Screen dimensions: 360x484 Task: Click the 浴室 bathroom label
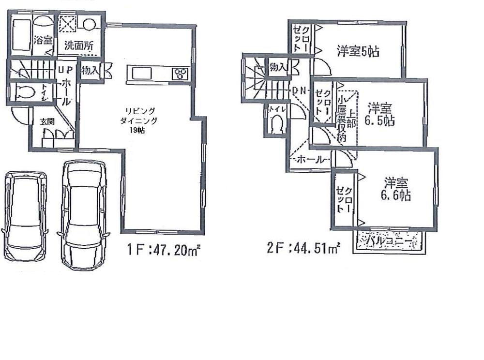click(43, 40)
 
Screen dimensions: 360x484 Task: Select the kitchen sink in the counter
click(140, 74)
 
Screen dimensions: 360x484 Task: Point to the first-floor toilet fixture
click(24, 91)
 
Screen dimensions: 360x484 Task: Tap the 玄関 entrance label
click(47, 121)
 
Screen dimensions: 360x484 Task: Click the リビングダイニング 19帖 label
click(139, 120)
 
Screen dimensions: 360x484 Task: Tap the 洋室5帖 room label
click(358, 51)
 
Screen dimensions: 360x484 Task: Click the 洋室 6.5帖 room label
click(380, 114)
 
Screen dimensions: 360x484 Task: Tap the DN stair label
click(299, 90)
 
